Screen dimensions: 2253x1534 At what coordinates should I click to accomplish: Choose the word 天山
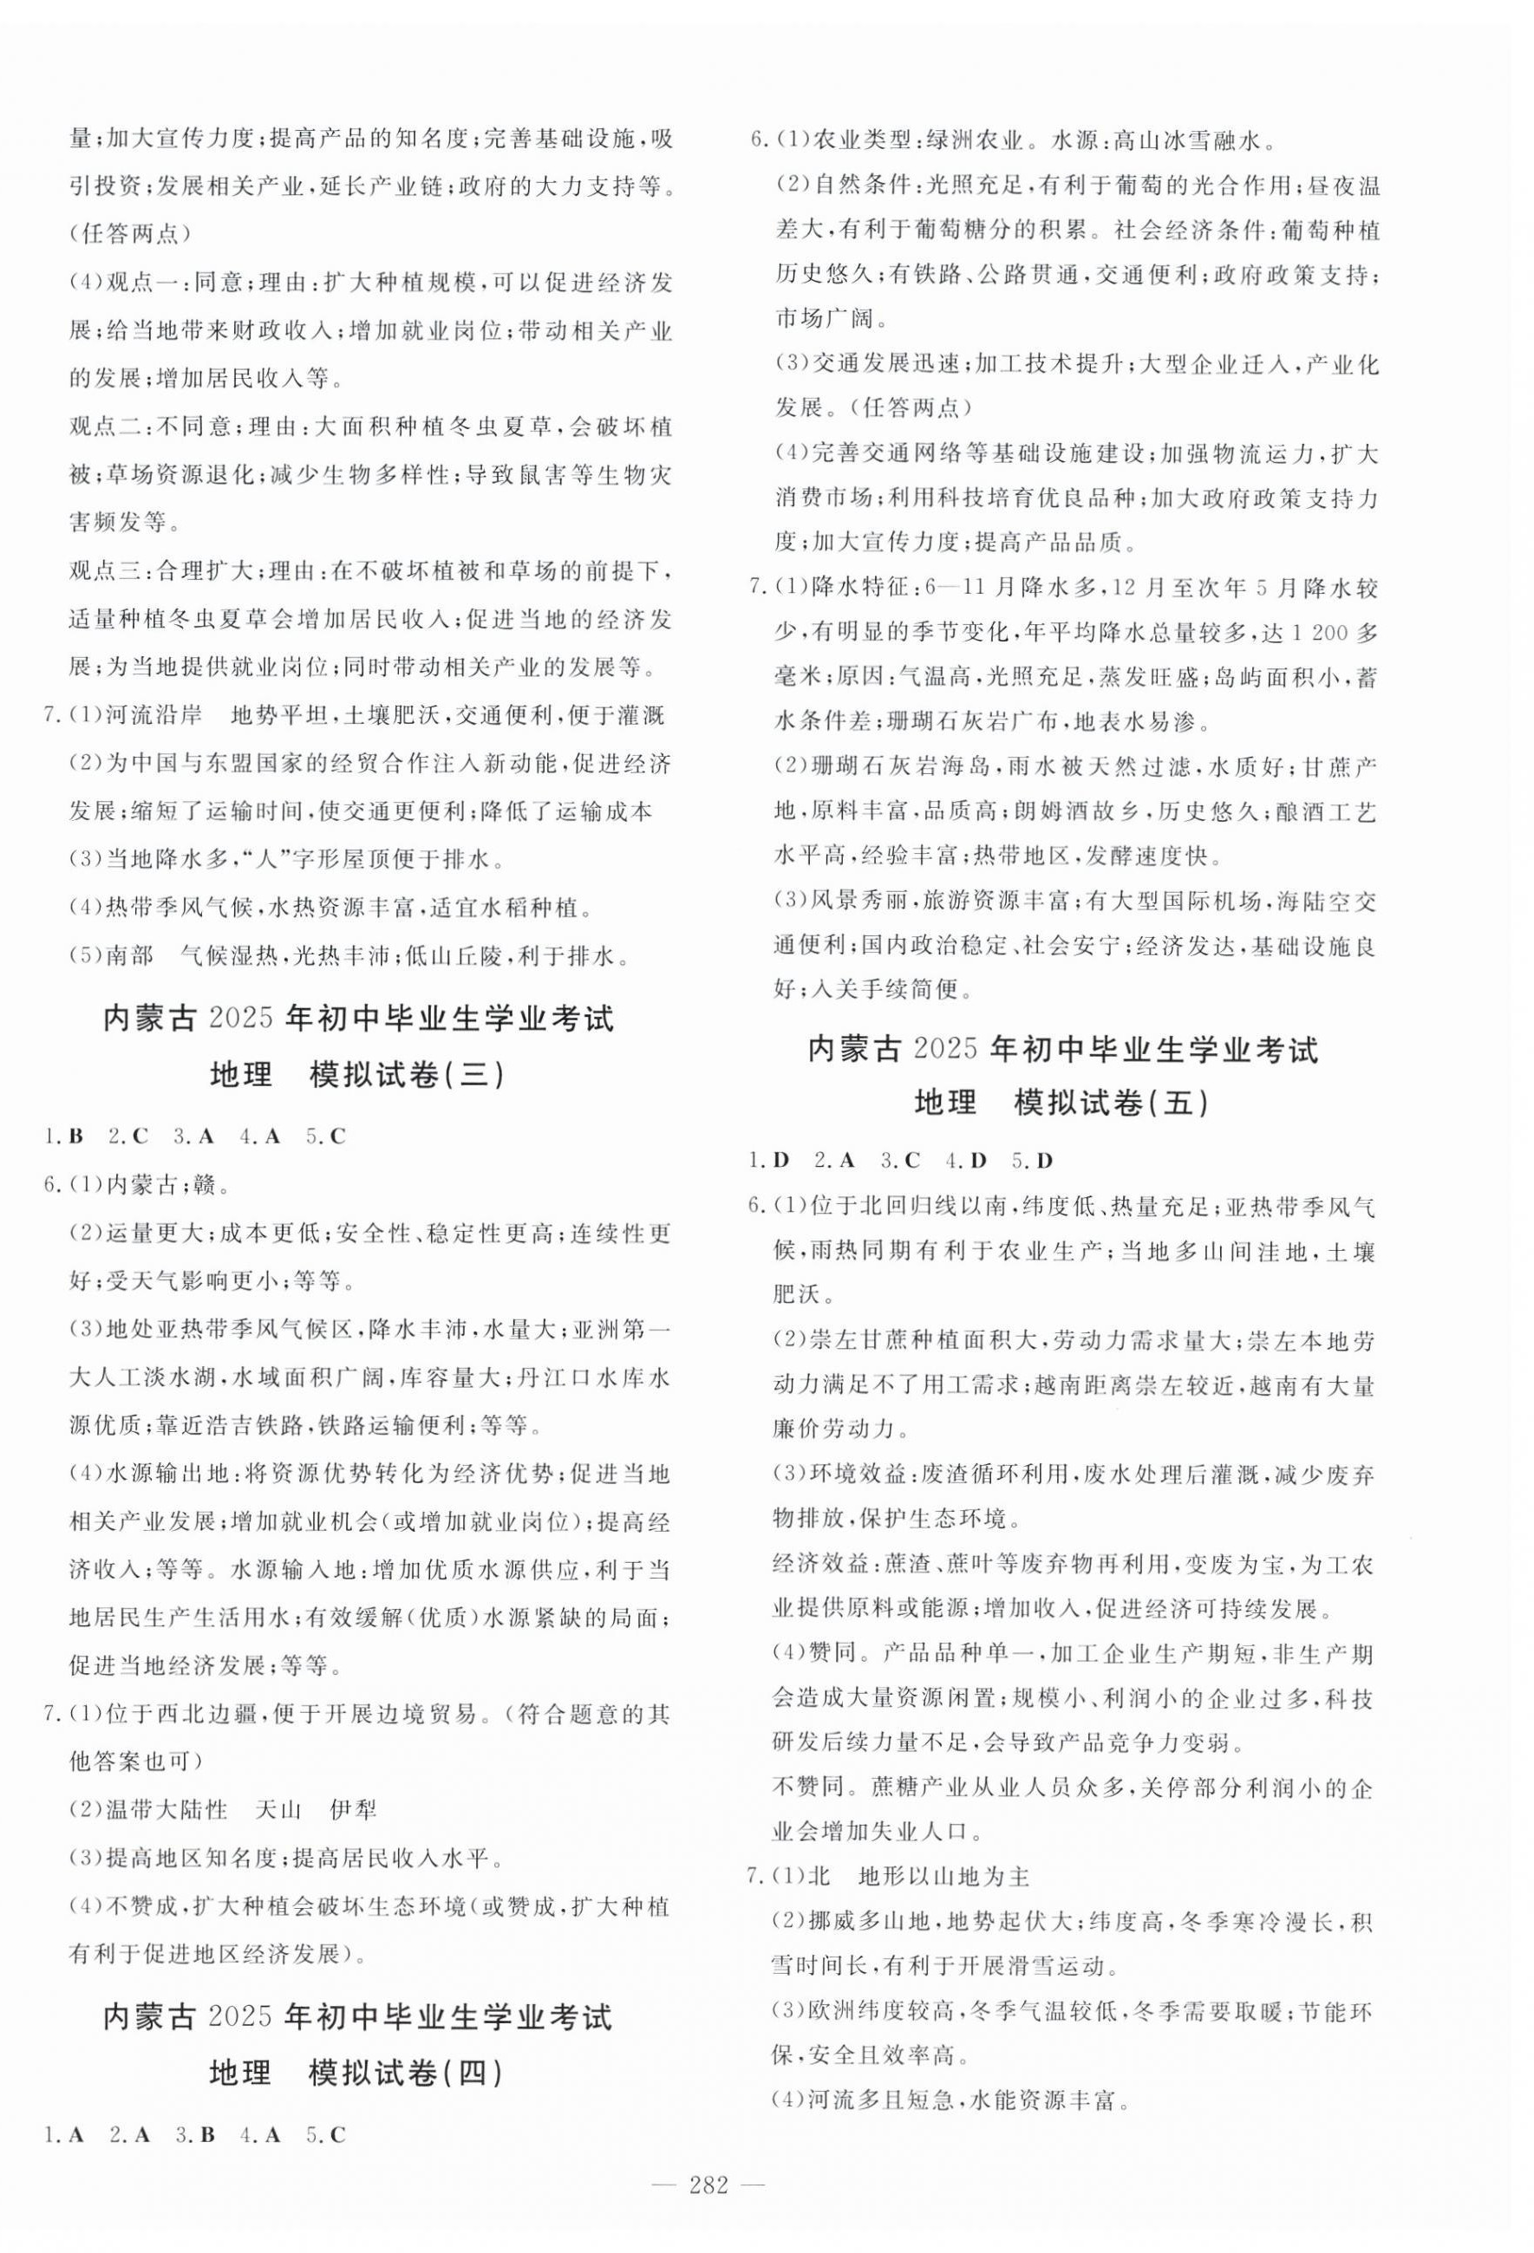[x=278, y=1809]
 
